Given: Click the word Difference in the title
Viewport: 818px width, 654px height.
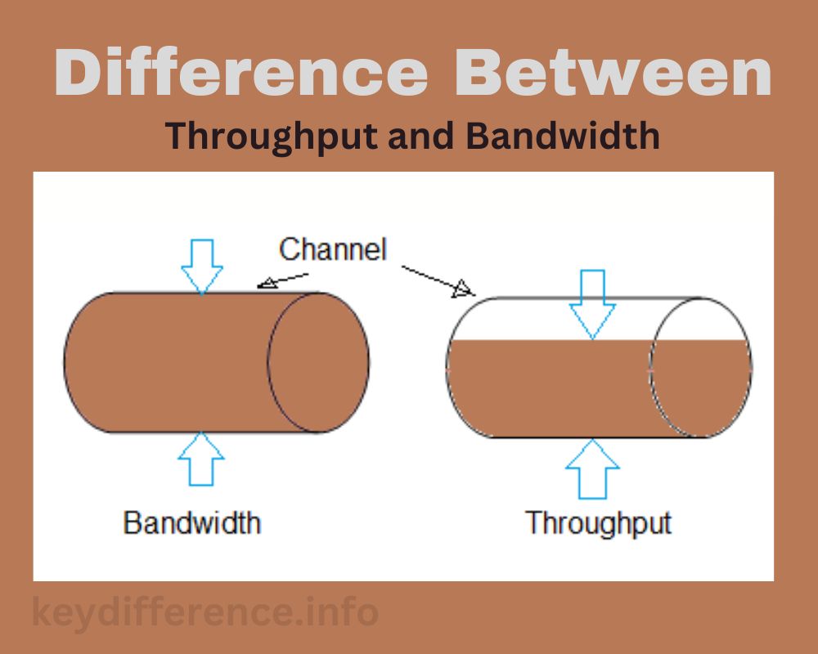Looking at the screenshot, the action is [x=240, y=72].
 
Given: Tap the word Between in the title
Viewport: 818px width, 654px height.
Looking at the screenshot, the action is [x=613, y=72].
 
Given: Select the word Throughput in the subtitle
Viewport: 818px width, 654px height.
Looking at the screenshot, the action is [x=272, y=137].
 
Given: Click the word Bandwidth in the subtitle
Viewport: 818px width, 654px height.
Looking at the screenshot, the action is [x=563, y=136].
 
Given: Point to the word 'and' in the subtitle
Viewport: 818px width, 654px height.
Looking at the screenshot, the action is [x=420, y=136].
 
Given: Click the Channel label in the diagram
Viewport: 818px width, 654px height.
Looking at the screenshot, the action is [x=333, y=249].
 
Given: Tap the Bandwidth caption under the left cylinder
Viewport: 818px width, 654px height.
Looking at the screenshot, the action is [x=192, y=522].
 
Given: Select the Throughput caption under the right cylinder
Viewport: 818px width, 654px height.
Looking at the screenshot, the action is [x=599, y=524].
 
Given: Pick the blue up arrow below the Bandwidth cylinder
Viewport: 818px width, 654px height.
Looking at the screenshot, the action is [x=201, y=459].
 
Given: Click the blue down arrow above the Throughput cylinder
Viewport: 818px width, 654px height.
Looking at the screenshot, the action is [x=592, y=305].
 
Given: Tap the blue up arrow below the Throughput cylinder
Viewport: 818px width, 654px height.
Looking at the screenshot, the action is [x=592, y=469].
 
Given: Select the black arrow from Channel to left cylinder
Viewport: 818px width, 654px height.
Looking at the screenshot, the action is [x=282, y=280].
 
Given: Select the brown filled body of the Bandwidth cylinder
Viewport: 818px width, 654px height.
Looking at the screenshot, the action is [x=167, y=362].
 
